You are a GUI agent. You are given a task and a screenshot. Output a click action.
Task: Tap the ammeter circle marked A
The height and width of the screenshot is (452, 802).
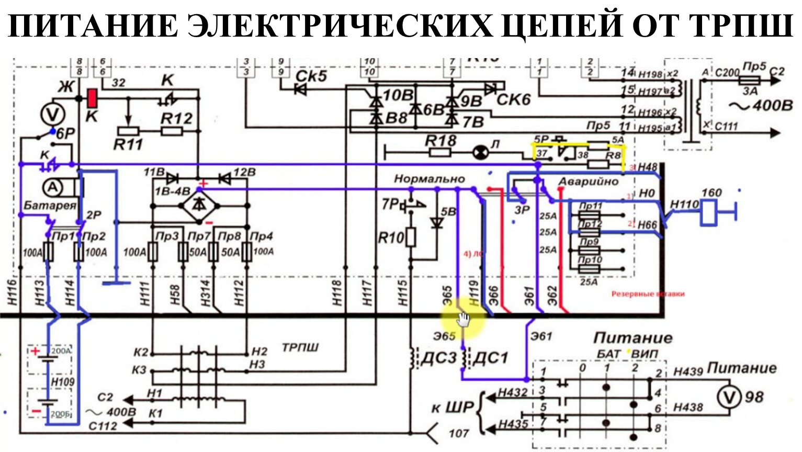pos(52,187)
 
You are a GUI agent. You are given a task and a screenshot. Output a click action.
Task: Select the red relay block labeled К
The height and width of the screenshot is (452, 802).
pos(92,98)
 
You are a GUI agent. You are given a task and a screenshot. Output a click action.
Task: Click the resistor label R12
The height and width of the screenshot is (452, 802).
pos(176,118)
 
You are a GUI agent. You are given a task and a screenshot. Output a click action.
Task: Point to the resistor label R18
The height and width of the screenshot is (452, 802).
pos(440,140)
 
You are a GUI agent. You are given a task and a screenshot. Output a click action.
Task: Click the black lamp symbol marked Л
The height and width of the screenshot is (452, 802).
pos(480,152)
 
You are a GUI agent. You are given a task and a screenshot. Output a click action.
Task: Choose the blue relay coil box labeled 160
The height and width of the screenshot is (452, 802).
pos(709,212)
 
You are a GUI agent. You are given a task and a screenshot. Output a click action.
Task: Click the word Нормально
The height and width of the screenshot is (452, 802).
pos(429,179)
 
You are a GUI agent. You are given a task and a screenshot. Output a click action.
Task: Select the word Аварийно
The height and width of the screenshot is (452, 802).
pos(588,182)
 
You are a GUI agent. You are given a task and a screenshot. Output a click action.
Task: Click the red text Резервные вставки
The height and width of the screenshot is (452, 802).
pos(648,294)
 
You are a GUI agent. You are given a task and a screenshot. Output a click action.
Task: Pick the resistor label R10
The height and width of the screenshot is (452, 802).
pos(391,238)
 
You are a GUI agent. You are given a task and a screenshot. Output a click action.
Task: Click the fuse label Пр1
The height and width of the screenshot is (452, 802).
pos(63,236)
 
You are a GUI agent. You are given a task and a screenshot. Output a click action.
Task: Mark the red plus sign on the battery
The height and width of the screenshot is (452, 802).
pos(35,351)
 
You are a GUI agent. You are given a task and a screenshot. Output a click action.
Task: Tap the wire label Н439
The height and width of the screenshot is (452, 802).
pos(687,371)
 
